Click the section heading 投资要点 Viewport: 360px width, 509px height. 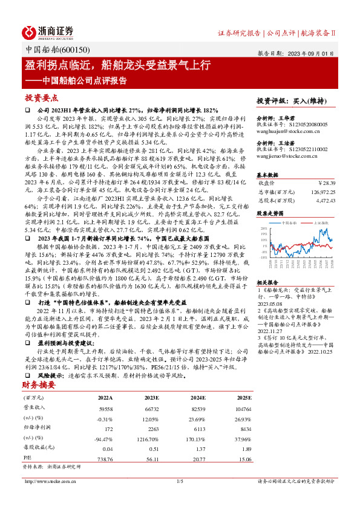click(41, 98)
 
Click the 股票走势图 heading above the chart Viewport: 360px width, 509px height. click(270, 213)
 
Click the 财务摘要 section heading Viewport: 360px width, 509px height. click(39, 384)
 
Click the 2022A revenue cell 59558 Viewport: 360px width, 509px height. click(105, 409)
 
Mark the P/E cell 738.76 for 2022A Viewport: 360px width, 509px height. click(105, 458)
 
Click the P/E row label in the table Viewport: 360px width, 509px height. click(27, 458)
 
